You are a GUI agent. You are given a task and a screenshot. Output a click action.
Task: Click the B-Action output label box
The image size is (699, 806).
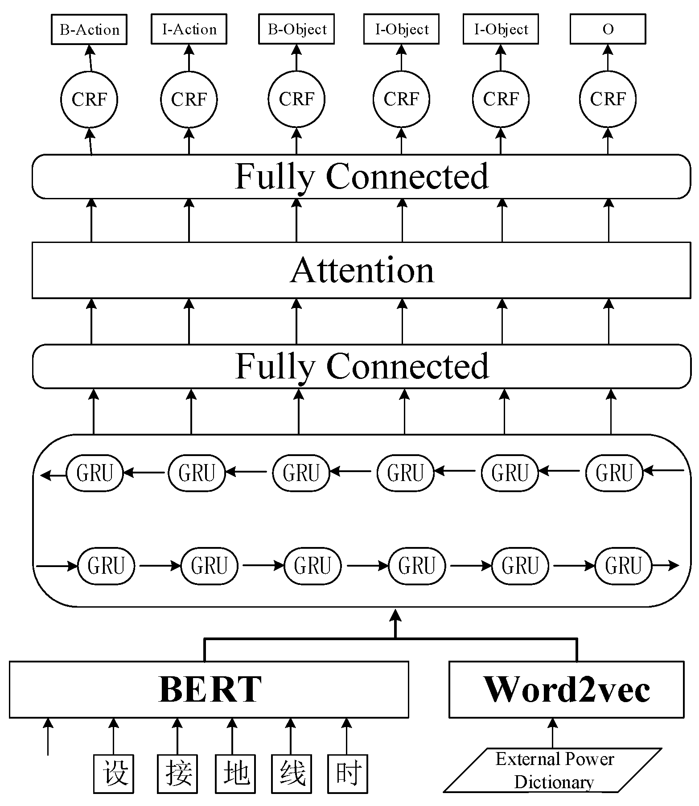[89, 29]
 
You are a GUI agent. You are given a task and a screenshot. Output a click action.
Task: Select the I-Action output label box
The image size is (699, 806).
[189, 29]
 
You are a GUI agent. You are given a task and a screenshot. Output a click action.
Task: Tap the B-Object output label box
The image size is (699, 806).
[296, 29]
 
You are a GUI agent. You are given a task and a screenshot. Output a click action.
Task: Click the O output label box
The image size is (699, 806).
[608, 29]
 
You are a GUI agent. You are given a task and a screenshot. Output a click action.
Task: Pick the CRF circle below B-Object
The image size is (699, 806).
[296, 99]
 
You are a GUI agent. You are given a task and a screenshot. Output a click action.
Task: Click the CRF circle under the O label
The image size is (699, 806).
[608, 99]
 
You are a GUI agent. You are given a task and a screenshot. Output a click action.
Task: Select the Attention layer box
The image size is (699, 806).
[361, 270]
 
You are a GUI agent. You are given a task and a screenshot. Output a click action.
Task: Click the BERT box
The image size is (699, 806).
[209, 689]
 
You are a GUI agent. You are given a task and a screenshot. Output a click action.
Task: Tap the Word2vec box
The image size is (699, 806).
[566, 689]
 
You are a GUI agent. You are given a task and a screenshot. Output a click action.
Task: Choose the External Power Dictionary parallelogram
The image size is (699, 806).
[553, 770]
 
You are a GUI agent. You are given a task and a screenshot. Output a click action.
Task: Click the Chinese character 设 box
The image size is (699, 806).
[114, 773]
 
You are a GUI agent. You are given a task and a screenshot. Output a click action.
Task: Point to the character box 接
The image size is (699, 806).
[177, 773]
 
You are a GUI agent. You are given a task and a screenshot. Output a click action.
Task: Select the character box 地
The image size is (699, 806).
[235, 773]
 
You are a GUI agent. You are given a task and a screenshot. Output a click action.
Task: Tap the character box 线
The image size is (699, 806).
[292, 773]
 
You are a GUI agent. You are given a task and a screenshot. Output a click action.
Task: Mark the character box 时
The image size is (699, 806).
[348, 773]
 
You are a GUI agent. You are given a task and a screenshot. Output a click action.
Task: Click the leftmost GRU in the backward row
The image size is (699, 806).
[95, 473]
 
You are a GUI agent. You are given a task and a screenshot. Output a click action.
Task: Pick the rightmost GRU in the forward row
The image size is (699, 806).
[623, 566]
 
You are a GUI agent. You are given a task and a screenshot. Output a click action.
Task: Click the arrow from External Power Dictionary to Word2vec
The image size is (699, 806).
[553, 733]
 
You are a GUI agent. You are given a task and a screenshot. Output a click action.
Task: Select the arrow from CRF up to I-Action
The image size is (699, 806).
[189, 58]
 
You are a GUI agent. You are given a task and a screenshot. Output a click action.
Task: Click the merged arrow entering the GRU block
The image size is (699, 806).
[395, 624]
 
